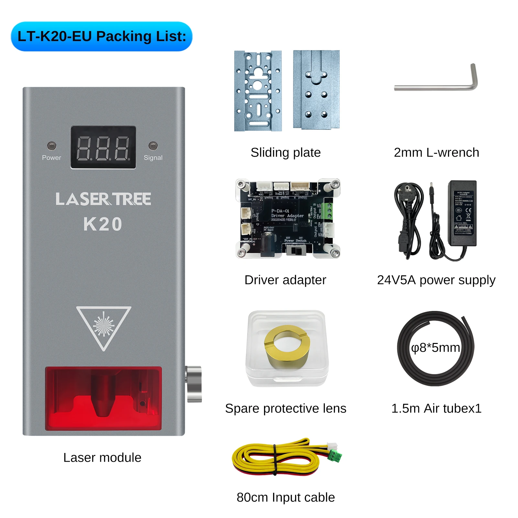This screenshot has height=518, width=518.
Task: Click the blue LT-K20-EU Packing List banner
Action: coord(102,36)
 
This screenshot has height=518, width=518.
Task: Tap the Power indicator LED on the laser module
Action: coord(51,146)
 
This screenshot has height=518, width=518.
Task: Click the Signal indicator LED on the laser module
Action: coord(153,146)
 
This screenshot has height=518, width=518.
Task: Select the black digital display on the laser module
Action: coord(103,148)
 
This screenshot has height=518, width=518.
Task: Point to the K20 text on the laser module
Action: coord(103,224)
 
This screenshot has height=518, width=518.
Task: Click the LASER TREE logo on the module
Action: coord(103,199)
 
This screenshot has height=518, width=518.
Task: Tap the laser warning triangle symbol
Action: coord(104,326)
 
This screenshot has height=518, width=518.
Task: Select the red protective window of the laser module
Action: coord(103,398)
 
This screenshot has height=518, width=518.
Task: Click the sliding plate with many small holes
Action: coord(258,91)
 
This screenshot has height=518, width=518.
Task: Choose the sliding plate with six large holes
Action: coord(316,90)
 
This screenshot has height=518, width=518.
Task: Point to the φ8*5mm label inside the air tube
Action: coord(435,348)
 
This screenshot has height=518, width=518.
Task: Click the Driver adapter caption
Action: coord(285,280)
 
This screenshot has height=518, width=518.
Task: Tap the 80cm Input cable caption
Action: coord(286,497)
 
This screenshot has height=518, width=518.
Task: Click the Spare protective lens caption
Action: coord(286,408)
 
